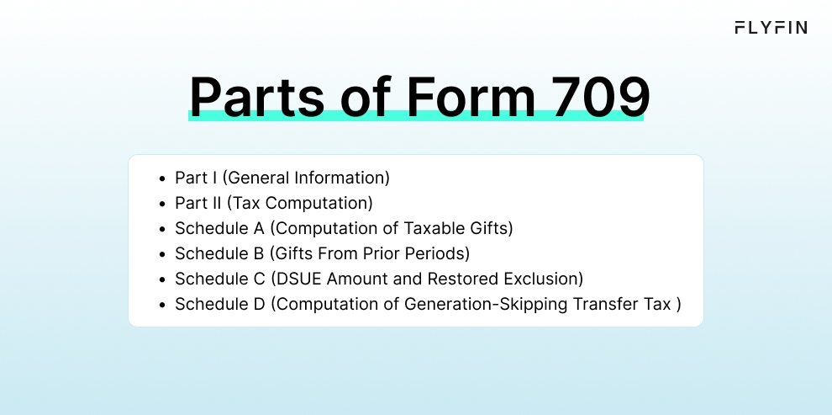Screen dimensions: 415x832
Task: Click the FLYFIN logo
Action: (x=771, y=28)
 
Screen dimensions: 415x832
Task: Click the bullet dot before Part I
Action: (x=161, y=178)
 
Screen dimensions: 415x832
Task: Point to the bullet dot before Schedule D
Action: (x=161, y=304)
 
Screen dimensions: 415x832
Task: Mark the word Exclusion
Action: (x=546, y=279)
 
